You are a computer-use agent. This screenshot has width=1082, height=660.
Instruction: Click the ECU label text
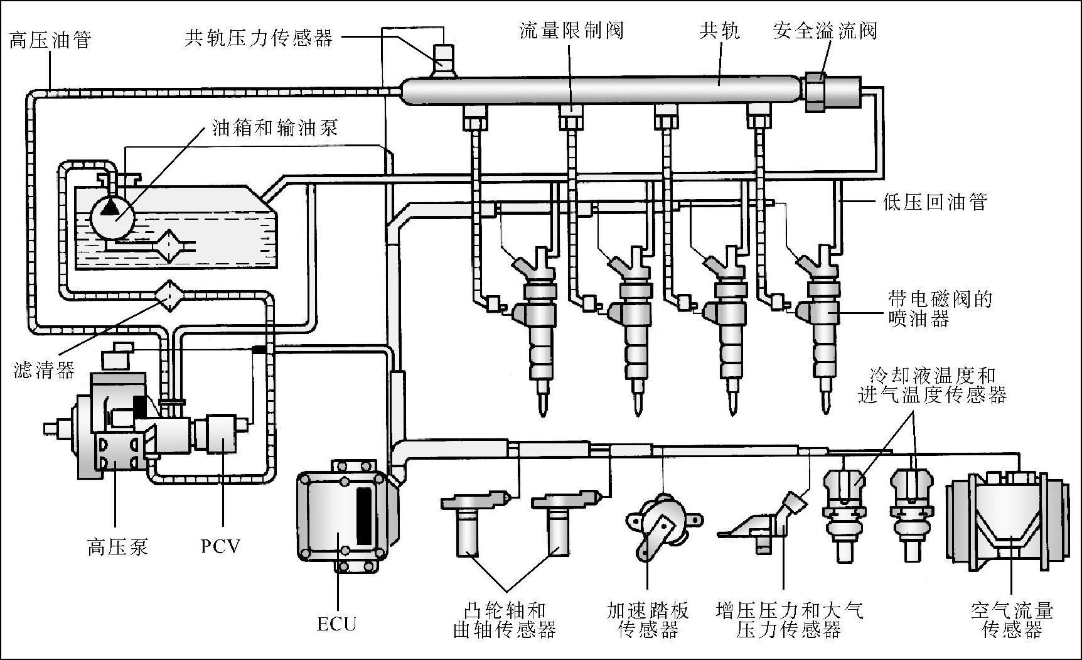[x=336, y=624]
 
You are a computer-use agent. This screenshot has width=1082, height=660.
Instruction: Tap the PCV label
[x=220, y=546]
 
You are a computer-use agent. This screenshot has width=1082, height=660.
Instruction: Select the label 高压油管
[x=50, y=40]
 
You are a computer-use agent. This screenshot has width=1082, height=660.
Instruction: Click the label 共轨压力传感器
[x=259, y=38]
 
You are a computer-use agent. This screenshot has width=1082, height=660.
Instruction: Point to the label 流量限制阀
[x=571, y=30]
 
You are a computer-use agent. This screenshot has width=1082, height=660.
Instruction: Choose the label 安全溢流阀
[x=825, y=30]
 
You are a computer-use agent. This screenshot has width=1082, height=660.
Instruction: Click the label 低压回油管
[x=935, y=202]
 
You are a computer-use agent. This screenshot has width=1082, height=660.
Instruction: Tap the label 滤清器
[x=44, y=369]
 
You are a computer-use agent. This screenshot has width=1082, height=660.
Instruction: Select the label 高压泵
[x=117, y=547]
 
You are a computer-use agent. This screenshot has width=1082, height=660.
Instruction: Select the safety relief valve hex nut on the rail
[x=815, y=92]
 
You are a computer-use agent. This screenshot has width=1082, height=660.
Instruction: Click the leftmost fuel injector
[x=538, y=327]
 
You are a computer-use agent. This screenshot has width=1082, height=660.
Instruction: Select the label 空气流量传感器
[x=1011, y=619]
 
